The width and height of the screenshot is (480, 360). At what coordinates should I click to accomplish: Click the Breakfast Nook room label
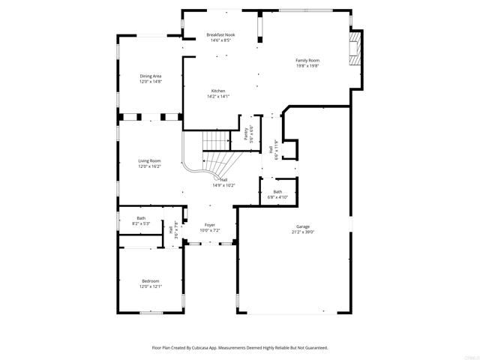click(219, 35)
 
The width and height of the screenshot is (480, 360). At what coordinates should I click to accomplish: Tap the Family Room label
click(307, 60)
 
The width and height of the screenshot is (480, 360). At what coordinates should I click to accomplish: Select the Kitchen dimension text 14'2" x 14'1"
click(218, 96)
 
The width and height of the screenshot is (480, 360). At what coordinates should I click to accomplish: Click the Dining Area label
click(150, 76)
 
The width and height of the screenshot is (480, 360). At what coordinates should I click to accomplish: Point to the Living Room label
click(149, 160)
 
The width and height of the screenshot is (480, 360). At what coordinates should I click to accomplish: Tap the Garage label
click(303, 226)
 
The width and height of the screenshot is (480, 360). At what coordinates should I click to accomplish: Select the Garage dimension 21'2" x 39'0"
click(303, 232)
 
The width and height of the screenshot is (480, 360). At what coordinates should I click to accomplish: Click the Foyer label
click(210, 225)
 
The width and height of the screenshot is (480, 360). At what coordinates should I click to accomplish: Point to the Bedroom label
click(151, 280)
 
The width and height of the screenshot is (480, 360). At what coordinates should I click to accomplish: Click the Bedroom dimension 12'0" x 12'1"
click(151, 286)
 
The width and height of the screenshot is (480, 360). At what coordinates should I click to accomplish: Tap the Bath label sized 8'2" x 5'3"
click(141, 218)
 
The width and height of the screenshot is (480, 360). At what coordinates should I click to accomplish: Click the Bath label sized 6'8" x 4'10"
click(277, 192)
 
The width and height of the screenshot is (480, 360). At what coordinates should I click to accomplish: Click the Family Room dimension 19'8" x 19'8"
click(307, 66)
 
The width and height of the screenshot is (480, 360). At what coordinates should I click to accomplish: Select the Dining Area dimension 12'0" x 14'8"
click(150, 82)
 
